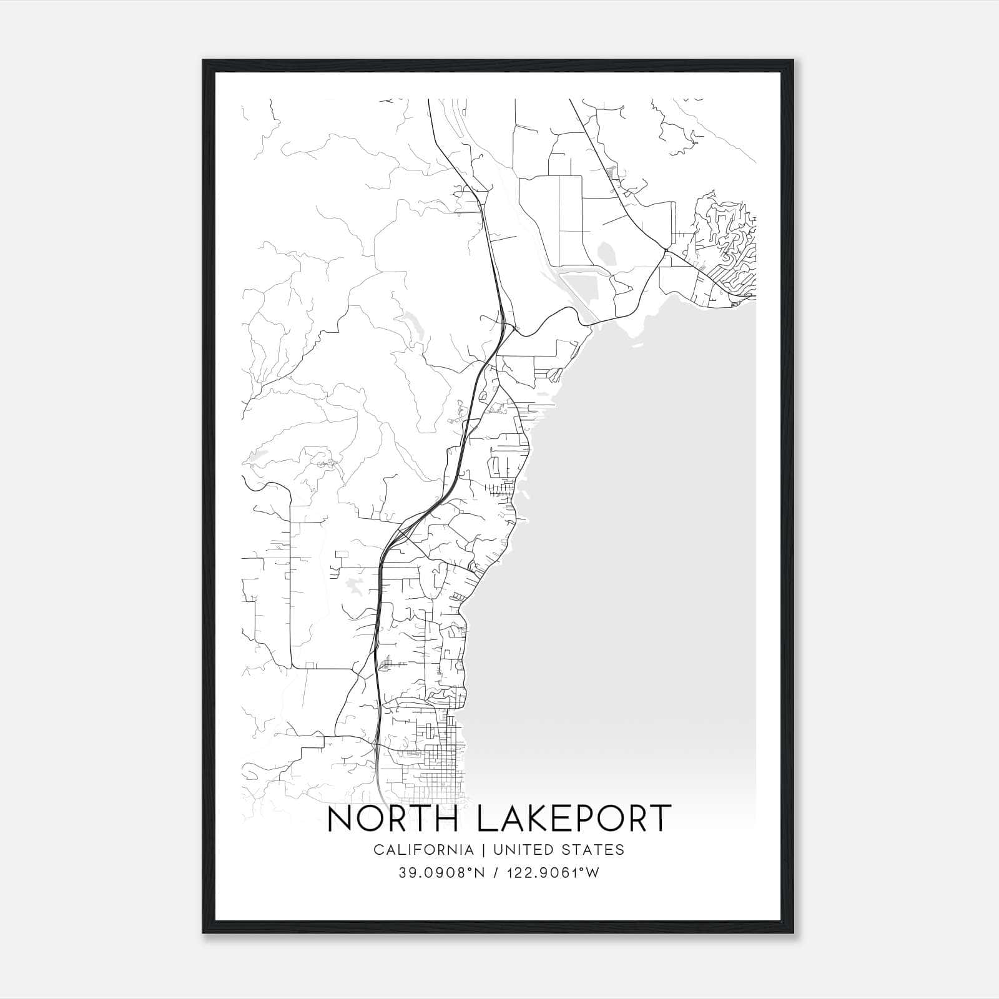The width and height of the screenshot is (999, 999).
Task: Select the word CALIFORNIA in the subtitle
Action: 423,849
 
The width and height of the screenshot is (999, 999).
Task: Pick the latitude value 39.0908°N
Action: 443,872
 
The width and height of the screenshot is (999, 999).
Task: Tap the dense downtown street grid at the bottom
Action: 437,759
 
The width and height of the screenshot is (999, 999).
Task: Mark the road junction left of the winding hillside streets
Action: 666,251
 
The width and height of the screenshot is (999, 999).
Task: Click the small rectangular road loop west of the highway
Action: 342,555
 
